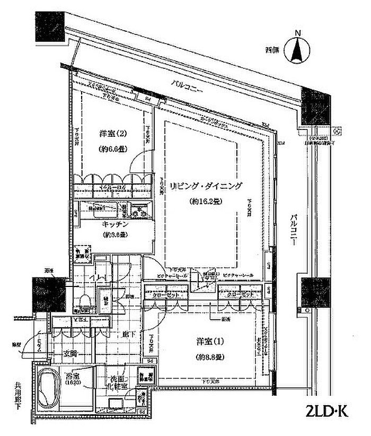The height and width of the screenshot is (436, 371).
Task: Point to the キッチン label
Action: [x=116, y=224]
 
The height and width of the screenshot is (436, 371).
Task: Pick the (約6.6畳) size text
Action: [x=113, y=150]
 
